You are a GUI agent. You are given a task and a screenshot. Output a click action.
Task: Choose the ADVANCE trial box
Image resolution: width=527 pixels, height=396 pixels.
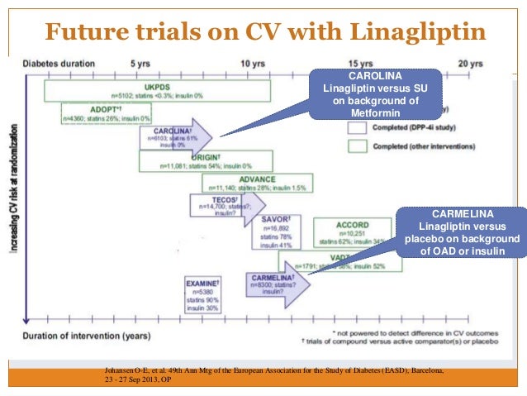(257, 184)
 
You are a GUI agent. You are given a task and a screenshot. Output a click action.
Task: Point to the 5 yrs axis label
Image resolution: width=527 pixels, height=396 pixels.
(140, 64)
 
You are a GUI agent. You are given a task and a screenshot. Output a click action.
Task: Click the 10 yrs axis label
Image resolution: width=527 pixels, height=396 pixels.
(251, 64)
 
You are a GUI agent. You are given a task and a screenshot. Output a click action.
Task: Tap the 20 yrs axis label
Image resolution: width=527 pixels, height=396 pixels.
(471, 64)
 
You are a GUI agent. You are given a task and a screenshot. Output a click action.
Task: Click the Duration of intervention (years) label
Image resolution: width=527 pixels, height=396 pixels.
(87, 336)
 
